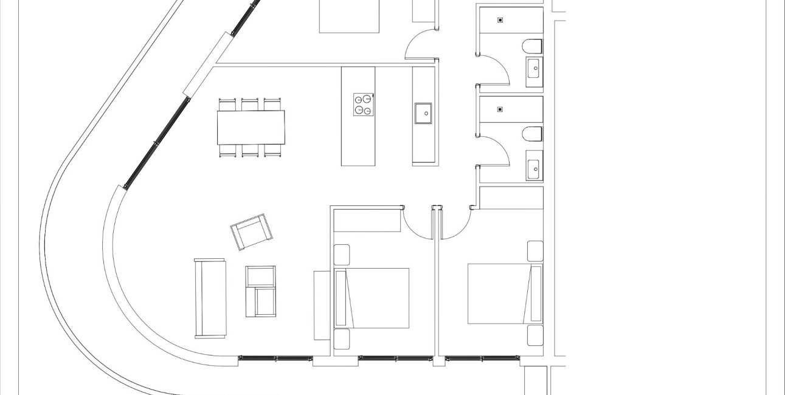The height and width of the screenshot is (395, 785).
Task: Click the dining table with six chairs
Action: [251, 127]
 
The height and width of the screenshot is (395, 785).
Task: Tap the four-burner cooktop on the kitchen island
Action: [364, 104]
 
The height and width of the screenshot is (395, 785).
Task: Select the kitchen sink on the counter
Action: [423, 112]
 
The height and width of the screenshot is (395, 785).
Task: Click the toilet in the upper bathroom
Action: [532, 46]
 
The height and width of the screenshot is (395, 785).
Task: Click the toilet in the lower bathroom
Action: [532, 134]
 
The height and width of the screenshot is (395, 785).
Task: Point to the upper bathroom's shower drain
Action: [500, 20]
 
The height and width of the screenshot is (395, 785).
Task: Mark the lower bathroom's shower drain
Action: [500, 109]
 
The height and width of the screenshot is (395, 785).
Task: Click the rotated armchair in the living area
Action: [251, 231]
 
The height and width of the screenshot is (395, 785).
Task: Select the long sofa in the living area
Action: [210, 298]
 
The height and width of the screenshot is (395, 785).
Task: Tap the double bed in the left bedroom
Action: [372, 298]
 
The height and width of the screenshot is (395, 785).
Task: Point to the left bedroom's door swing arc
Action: [416, 225]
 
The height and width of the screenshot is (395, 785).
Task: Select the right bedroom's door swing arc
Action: [455, 225]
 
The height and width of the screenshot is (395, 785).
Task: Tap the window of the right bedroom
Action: [482, 359]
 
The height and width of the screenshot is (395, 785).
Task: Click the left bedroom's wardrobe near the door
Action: [367, 219]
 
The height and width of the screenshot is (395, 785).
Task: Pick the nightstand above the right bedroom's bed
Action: [535, 251]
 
